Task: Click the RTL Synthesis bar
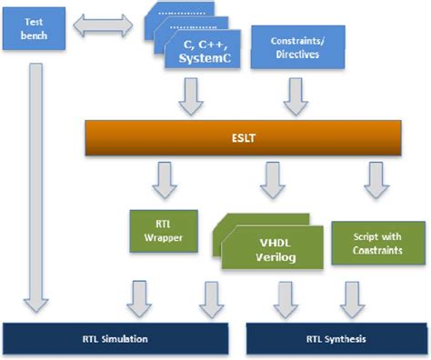pyautogui.click(x=336, y=339)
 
